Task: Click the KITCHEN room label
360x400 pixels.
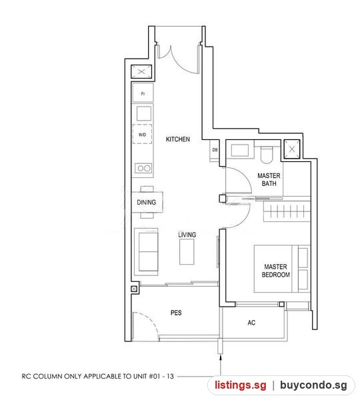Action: tap(178, 139)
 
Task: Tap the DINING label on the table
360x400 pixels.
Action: tap(147, 202)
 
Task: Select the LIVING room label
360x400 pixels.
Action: tap(187, 235)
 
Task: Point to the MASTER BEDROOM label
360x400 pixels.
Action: tap(276, 271)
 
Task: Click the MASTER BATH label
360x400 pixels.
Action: tap(269, 179)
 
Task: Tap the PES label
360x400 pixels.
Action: tap(176, 313)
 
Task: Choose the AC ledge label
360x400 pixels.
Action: tap(251, 323)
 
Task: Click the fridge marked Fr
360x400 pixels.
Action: tap(143, 93)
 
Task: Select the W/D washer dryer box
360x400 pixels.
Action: tap(143, 134)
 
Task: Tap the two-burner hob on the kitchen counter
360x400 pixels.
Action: tap(143, 169)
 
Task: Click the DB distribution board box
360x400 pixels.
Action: tap(215, 150)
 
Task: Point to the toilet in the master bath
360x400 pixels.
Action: tap(267, 155)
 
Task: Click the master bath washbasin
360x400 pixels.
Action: tap(240, 150)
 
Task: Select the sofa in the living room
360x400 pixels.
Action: tap(147, 251)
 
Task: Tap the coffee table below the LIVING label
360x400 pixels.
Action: tap(187, 251)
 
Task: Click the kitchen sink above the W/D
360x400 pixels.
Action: tap(143, 113)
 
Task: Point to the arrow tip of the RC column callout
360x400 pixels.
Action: tap(221, 357)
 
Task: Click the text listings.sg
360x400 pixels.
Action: tap(241, 385)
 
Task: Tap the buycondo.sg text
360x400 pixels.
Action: tap(313, 385)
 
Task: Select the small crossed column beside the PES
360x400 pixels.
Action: tap(134, 289)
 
